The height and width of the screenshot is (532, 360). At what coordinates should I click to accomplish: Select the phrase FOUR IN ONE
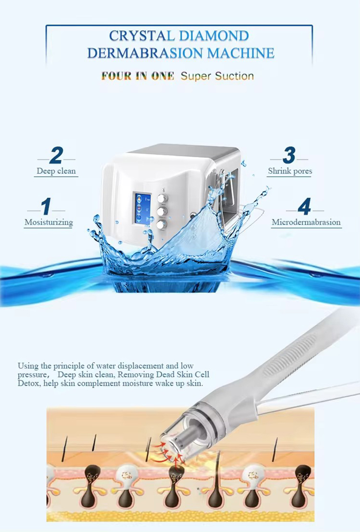(137, 76)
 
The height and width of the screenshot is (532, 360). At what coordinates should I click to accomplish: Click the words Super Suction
(217, 76)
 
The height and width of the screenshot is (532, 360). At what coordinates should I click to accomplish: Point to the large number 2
(56, 155)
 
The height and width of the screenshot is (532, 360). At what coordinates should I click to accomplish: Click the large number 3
(289, 155)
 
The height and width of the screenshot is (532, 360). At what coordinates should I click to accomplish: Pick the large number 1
(46, 206)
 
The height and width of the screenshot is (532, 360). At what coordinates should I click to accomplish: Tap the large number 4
(305, 206)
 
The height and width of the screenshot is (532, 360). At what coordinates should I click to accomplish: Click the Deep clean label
(56, 171)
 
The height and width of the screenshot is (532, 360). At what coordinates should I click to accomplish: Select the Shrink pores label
(290, 171)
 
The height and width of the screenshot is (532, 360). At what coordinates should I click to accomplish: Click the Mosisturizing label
(48, 223)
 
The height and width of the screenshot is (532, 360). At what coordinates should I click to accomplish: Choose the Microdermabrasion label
(306, 223)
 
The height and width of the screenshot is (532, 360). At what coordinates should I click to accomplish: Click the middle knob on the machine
(161, 211)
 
